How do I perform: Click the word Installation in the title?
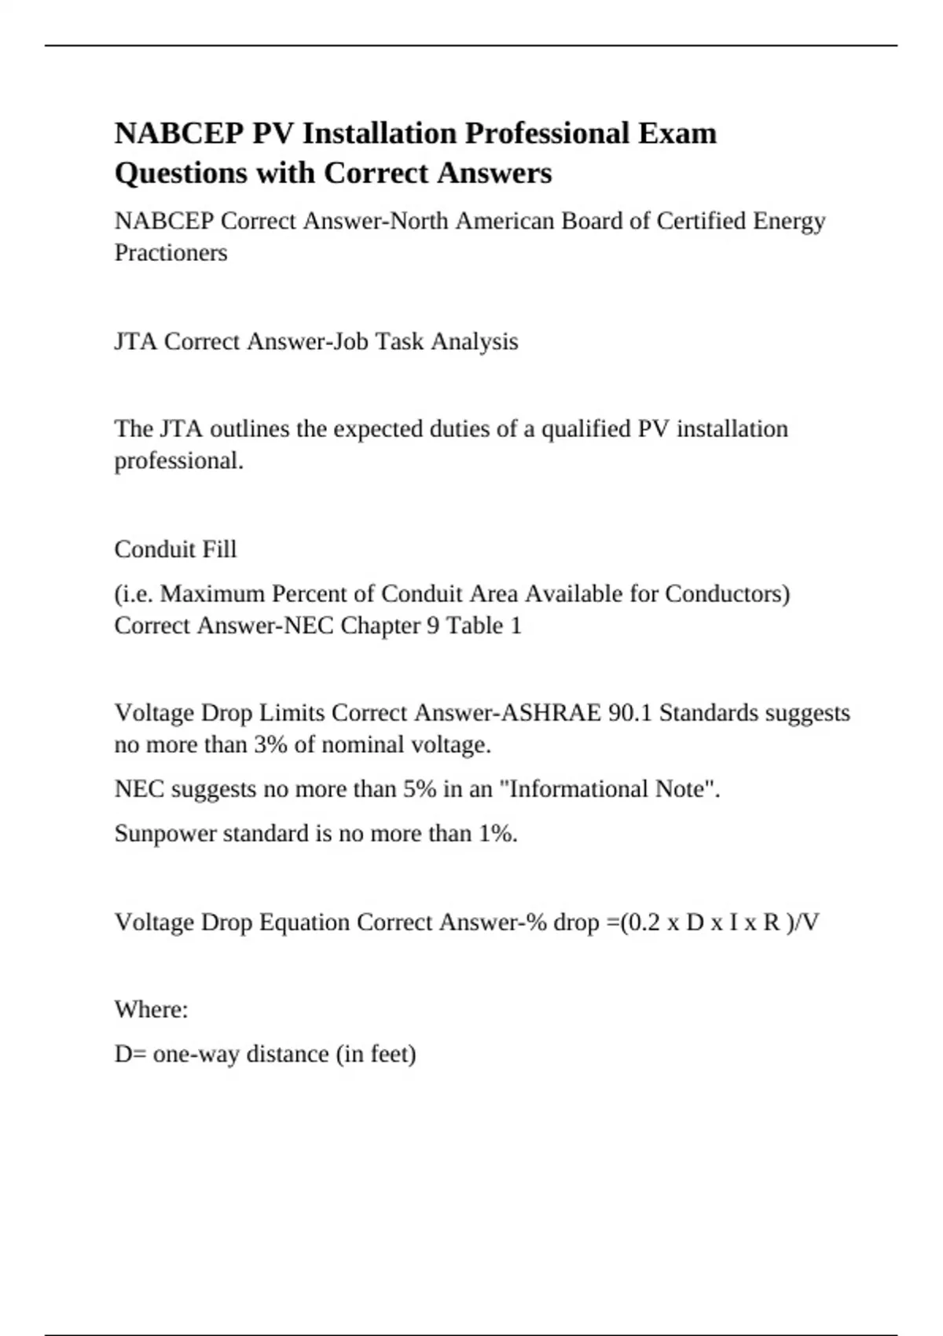pos(380,133)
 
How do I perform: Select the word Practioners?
pos(171,252)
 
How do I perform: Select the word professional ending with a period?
pos(178,461)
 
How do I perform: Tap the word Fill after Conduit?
pos(218,549)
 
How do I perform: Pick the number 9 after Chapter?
pos(433,626)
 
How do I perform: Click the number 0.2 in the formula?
pos(644,922)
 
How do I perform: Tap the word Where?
pos(151,1009)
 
